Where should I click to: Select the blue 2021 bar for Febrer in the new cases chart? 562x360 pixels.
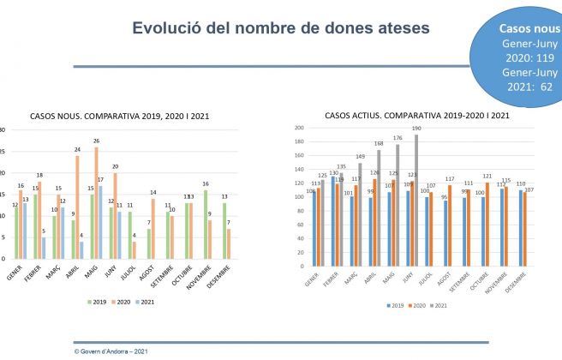(43, 247)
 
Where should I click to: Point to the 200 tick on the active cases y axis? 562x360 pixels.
(300, 128)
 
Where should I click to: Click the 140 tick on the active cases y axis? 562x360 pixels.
(300, 170)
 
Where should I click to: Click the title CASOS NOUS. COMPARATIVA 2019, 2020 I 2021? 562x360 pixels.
(120, 116)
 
